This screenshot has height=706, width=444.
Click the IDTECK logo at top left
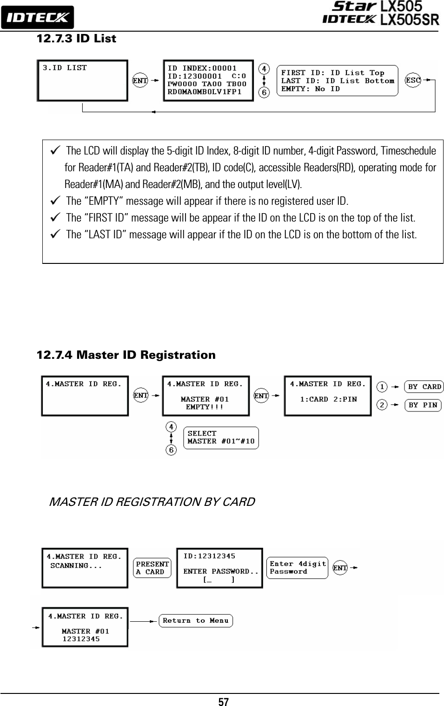click(x=37, y=17)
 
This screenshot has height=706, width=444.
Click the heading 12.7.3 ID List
click(x=76, y=39)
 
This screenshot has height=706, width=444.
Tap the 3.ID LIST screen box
click(x=82, y=80)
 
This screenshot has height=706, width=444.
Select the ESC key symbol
click(x=413, y=80)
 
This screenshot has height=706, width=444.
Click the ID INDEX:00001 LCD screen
click(x=208, y=80)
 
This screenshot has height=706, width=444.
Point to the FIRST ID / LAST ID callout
click(x=337, y=81)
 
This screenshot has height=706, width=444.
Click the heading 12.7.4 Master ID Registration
click(x=126, y=356)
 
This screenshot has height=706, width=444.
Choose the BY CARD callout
click(x=424, y=387)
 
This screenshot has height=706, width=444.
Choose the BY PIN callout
click(x=423, y=405)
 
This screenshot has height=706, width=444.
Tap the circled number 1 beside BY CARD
click(x=382, y=387)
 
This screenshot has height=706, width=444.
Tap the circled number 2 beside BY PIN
click(x=382, y=405)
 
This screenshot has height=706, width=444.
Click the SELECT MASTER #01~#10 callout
click(x=221, y=437)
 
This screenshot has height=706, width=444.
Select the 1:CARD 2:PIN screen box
click(x=327, y=396)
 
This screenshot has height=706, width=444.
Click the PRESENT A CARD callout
click(x=152, y=568)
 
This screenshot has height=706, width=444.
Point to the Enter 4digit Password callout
click(x=297, y=568)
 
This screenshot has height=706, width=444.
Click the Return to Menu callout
click(x=196, y=621)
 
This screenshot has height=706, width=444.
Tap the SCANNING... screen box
click(x=85, y=568)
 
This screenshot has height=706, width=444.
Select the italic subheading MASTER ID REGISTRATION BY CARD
click(x=152, y=502)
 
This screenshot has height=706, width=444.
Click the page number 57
click(x=224, y=701)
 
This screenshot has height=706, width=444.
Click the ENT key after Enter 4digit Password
click(x=340, y=568)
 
